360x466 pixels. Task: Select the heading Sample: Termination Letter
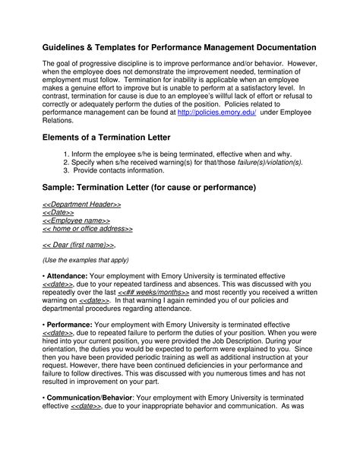point(149,187)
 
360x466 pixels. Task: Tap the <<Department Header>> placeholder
point(81,205)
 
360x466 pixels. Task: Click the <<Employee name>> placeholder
point(76,220)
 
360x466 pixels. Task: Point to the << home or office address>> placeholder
point(87,228)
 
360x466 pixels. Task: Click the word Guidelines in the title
point(71,48)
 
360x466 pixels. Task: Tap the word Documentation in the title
point(284,48)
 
